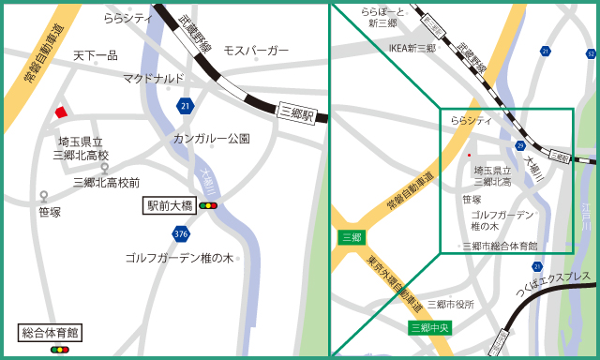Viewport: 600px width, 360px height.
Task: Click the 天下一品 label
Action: [96, 56]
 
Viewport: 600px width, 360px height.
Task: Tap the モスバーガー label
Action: [256, 50]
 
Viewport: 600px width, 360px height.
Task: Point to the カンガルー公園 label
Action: [211, 139]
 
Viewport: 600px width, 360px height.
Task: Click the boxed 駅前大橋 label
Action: [170, 204]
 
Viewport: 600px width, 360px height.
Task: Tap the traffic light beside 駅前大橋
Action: [207, 204]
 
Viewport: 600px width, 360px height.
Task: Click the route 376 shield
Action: [180, 232]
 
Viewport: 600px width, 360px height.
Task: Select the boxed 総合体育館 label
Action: [51, 332]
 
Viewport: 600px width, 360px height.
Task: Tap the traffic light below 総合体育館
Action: [60, 349]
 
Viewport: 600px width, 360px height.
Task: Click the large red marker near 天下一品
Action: [61, 112]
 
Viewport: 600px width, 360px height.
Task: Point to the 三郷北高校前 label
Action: [106, 183]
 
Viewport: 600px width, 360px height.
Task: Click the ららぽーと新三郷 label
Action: [382, 17]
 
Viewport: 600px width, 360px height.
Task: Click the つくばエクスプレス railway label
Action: [553, 284]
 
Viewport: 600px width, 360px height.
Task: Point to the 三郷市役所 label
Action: [451, 305]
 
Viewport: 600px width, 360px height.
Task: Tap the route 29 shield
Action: [520, 145]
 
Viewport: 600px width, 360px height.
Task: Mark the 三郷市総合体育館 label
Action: [501, 246]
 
